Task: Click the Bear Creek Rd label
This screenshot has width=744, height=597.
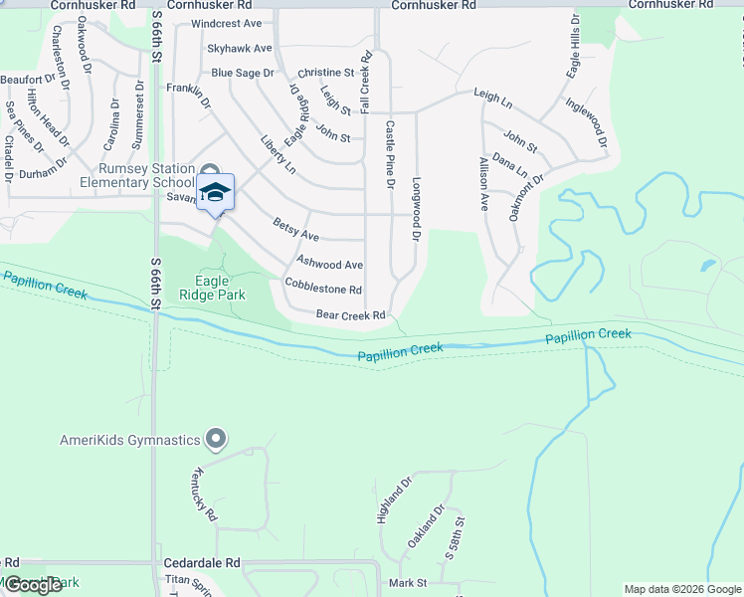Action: [350, 315]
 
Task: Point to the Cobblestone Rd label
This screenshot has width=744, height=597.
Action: [322, 290]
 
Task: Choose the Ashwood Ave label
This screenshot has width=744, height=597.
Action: [330, 265]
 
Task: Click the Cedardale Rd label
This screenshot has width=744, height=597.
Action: [203, 562]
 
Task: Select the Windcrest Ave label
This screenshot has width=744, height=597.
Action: [226, 23]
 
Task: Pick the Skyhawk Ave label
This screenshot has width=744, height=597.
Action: [239, 48]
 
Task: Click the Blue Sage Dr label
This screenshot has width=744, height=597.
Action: [242, 73]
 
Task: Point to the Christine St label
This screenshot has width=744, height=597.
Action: [325, 73]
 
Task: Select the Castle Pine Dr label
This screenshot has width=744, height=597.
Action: [390, 155]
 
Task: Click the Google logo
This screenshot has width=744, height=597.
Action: [33, 585]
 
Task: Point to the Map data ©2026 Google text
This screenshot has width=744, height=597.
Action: [681, 589]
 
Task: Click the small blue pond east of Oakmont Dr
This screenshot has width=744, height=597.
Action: [707, 266]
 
